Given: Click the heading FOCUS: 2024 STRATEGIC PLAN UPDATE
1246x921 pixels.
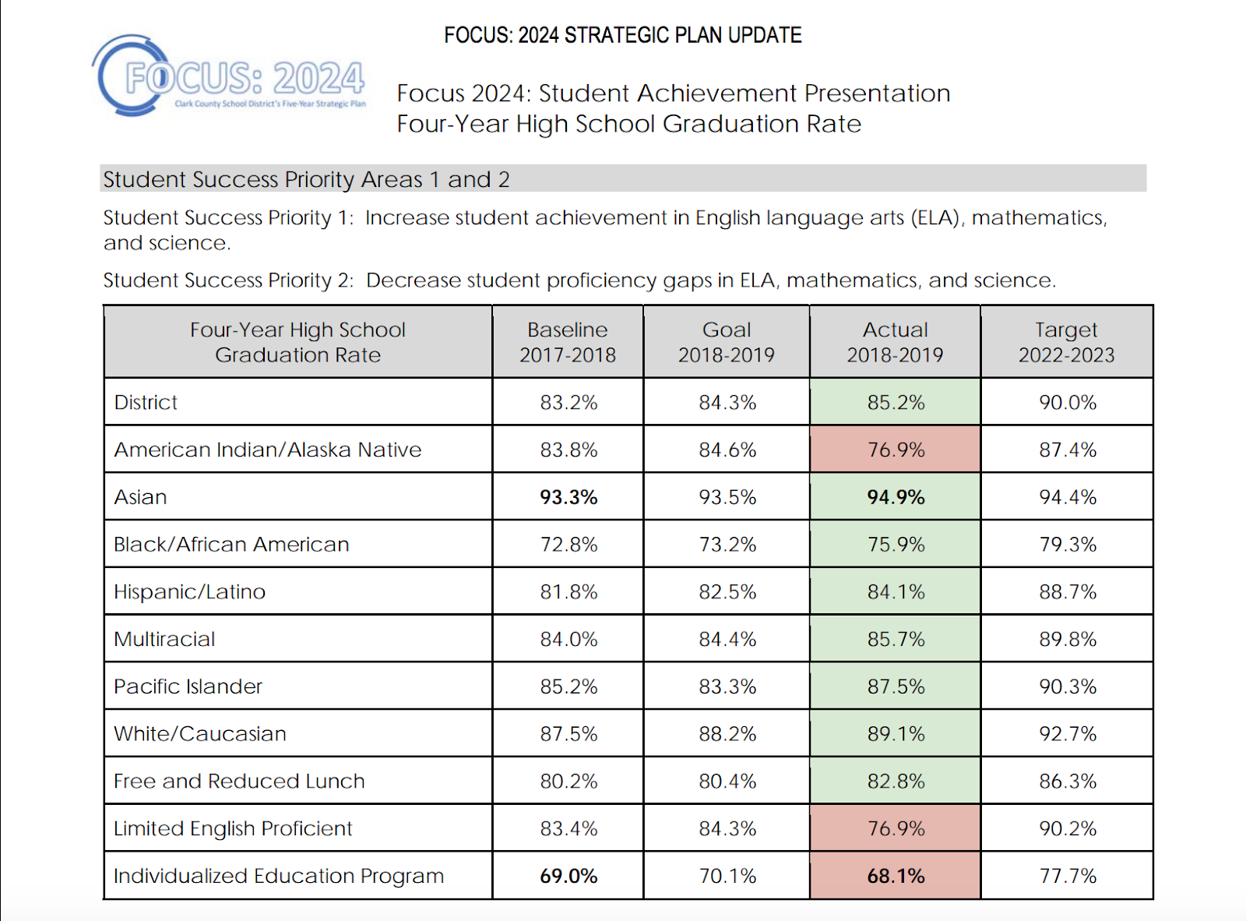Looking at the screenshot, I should point(622,35).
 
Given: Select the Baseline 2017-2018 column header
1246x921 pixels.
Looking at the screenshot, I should point(568,342).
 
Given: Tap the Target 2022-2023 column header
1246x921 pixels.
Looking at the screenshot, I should point(1066,342).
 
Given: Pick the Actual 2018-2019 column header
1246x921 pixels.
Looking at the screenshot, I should point(895,342).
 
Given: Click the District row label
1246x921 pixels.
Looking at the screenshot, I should point(146,402).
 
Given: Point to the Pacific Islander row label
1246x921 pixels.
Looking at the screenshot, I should point(188,686).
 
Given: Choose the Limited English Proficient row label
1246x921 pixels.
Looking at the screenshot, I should point(233,828).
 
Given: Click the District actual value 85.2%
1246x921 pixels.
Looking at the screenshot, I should point(896,402).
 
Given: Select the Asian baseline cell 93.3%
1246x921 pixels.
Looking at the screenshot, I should point(568,497).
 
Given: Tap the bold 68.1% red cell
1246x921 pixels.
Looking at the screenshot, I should point(896,876).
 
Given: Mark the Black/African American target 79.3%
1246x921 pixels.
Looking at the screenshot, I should point(1068,544).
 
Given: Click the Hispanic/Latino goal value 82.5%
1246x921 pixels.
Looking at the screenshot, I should point(727,591).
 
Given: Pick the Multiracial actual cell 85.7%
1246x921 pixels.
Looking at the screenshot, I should point(896,639).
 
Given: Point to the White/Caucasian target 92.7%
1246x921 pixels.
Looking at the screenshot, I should point(1068,734).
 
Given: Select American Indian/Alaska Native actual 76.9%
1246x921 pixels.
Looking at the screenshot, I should point(896,450).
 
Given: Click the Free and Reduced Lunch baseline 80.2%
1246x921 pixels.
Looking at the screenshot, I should point(568,781).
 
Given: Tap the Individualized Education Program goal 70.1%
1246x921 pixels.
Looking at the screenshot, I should point(727,876).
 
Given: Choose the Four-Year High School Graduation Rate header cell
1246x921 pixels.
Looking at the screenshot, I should point(297,342).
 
